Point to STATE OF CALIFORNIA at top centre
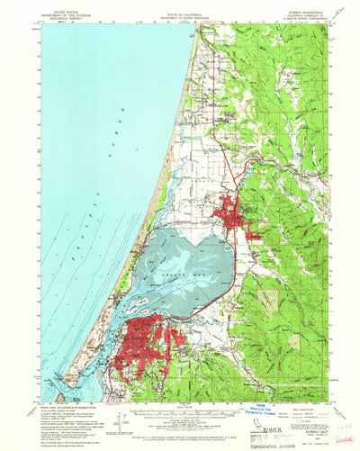point(180,5)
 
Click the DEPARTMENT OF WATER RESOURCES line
point(180,10)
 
